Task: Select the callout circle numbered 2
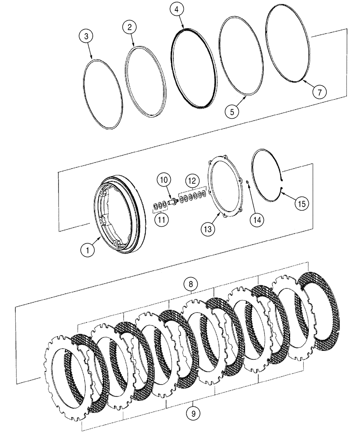129,28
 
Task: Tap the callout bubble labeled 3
87,36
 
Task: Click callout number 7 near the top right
319,92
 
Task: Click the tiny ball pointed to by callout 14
247,183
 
